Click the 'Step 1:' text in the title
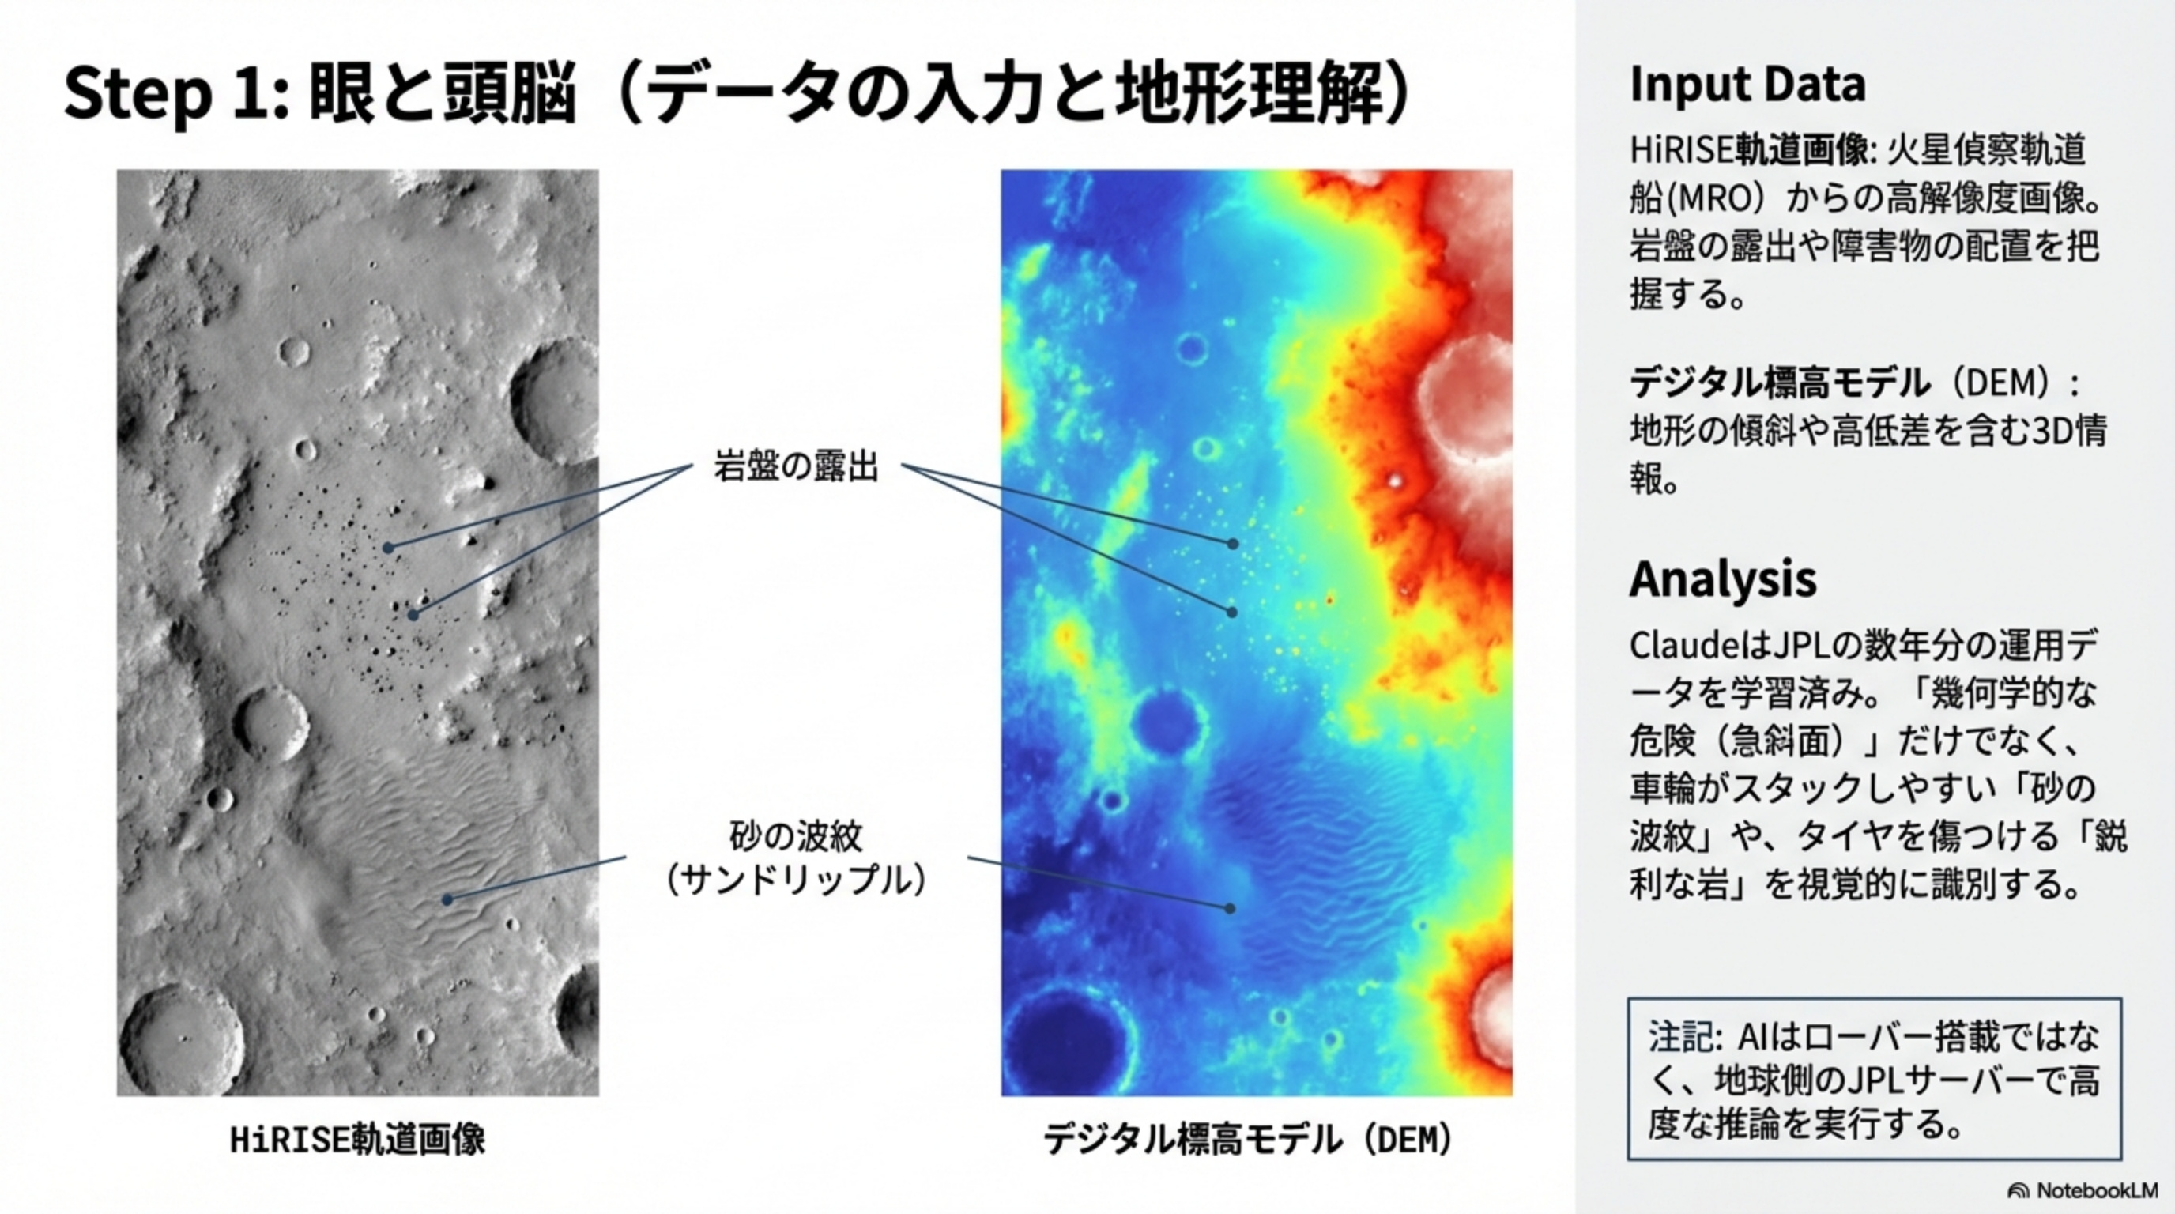click(x=176, y=92)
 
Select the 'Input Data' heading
click(x=1747, y=85)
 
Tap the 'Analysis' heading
click(x=1722, y=579)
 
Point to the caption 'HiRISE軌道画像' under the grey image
click(x=358, y=1140)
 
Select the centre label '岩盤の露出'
click(x=796, y=466)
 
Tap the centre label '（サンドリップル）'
click(x=795, y=880)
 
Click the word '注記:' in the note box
click(x=1685, y=1037)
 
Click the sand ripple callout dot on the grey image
click(x=447, y=900)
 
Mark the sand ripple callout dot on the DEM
click(x=1231, y=908)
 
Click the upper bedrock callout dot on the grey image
click(x=388, y=548)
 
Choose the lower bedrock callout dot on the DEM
click(x=1232, y=612)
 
